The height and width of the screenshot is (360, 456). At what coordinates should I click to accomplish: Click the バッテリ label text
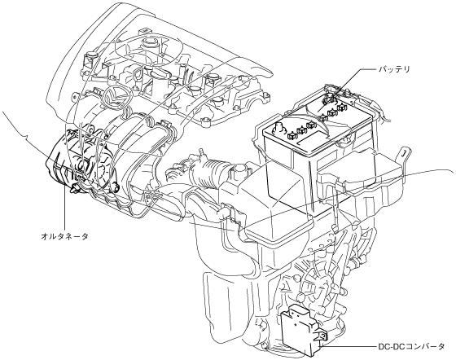coord(394,70)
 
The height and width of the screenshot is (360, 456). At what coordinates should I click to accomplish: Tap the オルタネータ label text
coord(64,236)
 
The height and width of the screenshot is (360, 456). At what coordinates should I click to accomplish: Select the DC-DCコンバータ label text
coord(411,346)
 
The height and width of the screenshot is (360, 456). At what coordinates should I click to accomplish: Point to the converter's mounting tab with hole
coord(322,336)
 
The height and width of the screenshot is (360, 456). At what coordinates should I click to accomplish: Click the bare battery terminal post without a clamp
coord(278,127)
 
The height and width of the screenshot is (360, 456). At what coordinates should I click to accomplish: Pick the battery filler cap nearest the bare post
coord(292,135)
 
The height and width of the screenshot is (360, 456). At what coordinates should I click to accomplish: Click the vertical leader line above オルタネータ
coord(64,209)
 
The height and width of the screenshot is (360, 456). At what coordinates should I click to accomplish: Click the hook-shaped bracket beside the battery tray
coord(404,156)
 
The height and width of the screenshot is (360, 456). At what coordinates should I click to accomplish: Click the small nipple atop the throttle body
coord(199,152)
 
